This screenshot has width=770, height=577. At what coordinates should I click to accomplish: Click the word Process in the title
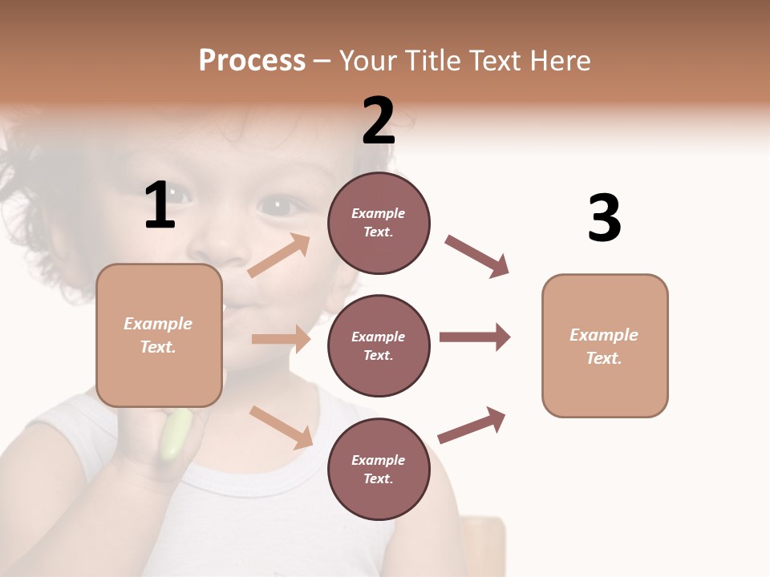click(252, 60)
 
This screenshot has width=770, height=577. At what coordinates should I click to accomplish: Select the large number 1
click(160, 205)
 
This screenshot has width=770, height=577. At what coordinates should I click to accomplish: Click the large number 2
click(379, 120)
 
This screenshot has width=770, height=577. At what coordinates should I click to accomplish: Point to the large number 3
click(604, 218)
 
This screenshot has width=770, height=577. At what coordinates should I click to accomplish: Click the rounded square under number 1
click(159, 335)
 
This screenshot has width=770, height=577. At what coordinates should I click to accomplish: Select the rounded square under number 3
click(605, 345)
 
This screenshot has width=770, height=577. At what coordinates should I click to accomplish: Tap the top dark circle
click(379, 223)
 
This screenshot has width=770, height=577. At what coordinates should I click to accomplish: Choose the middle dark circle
click(379, 345)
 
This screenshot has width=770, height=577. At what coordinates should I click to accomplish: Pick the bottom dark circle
click(379, 469)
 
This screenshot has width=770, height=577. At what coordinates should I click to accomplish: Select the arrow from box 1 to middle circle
click(281, 339)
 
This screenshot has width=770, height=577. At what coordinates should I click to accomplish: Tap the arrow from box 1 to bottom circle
click(281, 427)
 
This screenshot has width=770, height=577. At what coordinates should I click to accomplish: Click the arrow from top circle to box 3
click(477, 256)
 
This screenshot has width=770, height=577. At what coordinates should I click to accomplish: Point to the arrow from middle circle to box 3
click(475, 337)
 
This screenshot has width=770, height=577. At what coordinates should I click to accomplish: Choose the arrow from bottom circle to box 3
click(472, 426)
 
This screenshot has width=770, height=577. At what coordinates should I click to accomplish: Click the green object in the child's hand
click(176, 435)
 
